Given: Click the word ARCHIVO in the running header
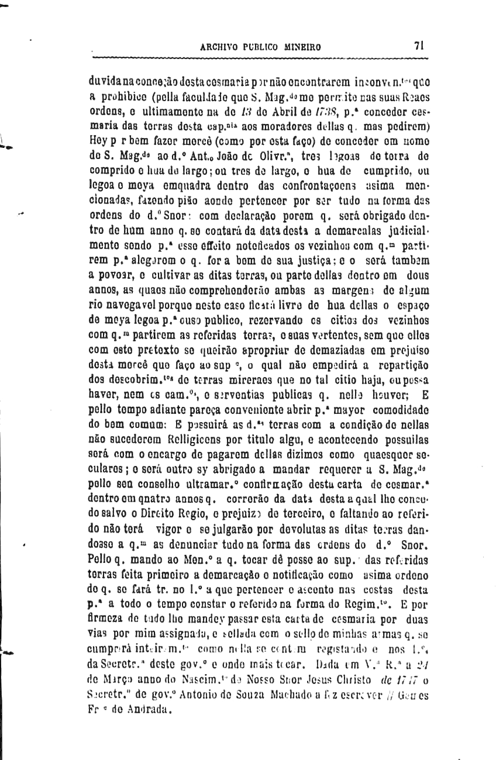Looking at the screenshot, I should pyautogui.click(x=219, y=48).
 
